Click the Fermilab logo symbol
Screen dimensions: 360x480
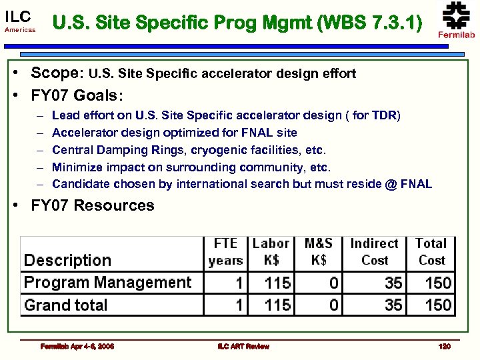coord(457,15)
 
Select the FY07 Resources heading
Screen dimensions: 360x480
coord(93,205)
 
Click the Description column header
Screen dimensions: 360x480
coord(67,260)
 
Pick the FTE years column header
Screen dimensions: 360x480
coord(225,251)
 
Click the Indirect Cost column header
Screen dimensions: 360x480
coord(374,251)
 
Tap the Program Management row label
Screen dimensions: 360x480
coord(107,283)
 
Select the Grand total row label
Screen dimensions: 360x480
coord(65,305)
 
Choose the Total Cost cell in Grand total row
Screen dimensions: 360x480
coord(438,305)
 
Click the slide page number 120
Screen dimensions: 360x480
coord(445,346)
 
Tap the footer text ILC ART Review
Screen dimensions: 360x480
coord(243,346)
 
